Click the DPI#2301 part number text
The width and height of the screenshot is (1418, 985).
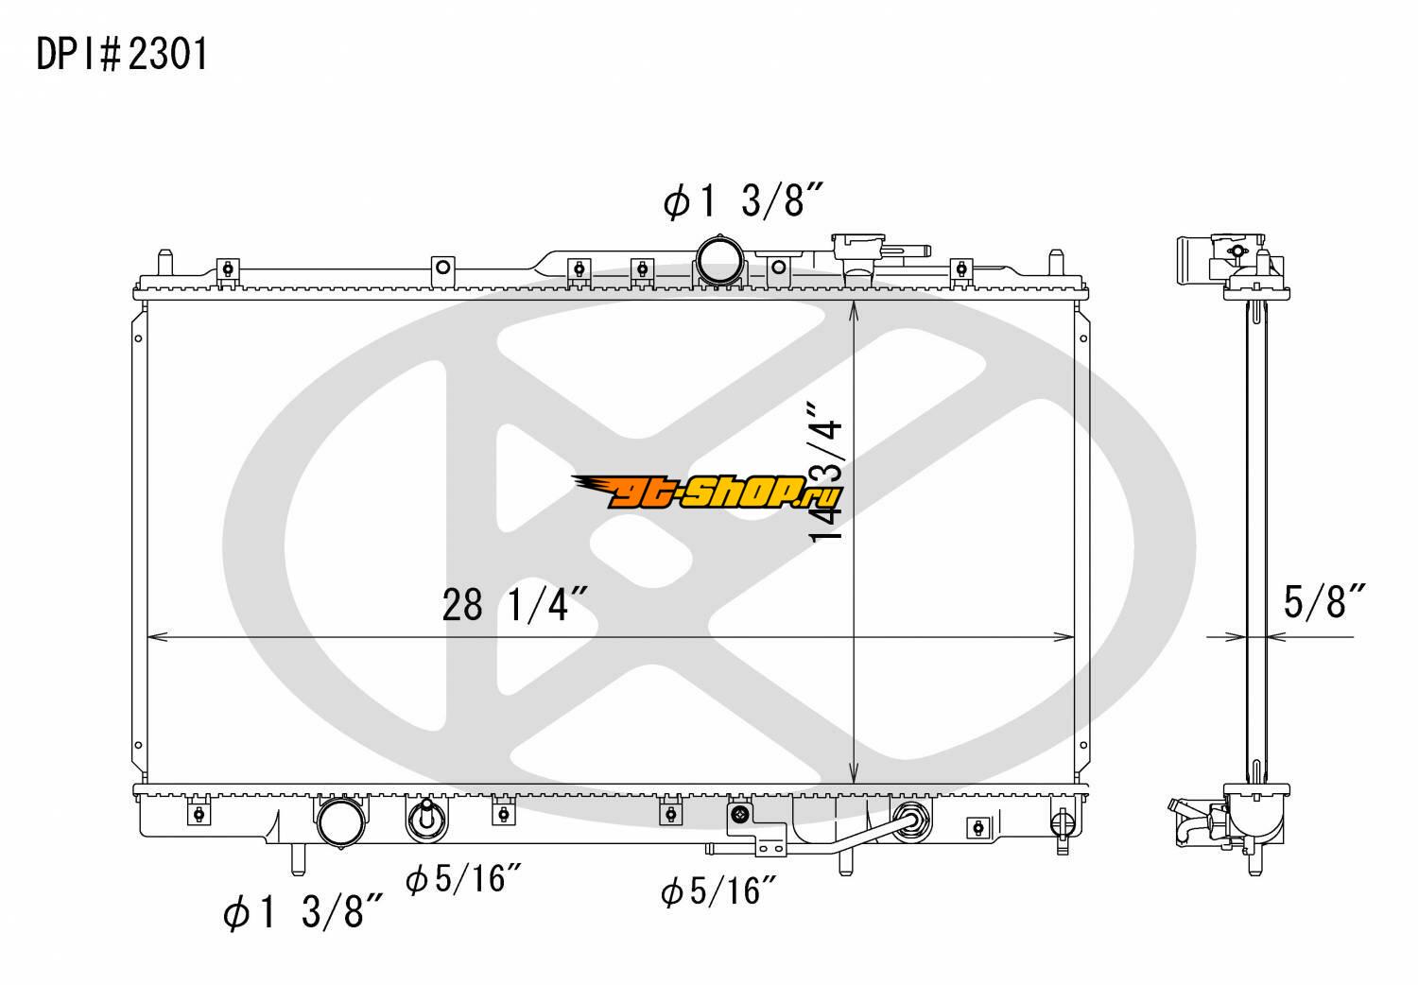[x=122, y=54]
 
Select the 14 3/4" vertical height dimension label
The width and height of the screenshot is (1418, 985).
[x=827, y=472]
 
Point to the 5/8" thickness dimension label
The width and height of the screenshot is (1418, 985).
[x=1324, y=601]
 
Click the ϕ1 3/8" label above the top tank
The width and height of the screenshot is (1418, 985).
[x=742, y=200]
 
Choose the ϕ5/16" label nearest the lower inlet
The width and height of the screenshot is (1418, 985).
[x=463, y=878]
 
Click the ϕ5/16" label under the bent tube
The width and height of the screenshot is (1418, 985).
[x=718, y=891]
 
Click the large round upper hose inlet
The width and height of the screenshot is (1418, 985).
[x=720, y=261]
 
